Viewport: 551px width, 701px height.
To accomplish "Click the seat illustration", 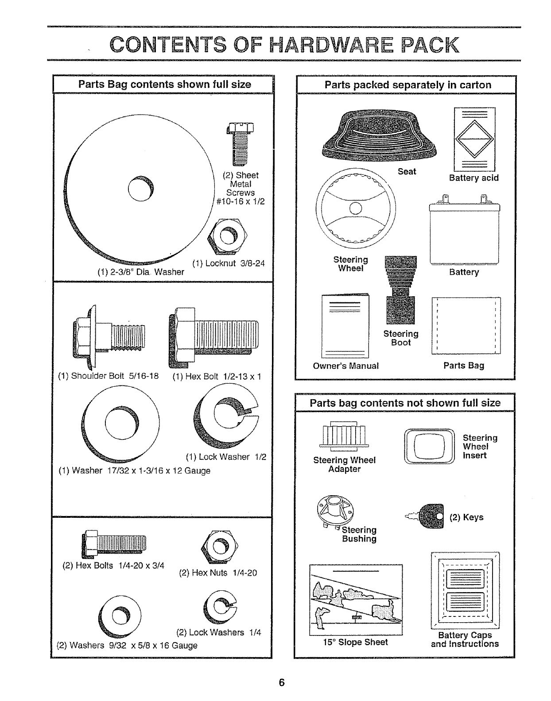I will [380, 133].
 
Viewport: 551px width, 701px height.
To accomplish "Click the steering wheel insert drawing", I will [429, 447].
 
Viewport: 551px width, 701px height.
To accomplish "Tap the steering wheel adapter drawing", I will [344, 436].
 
